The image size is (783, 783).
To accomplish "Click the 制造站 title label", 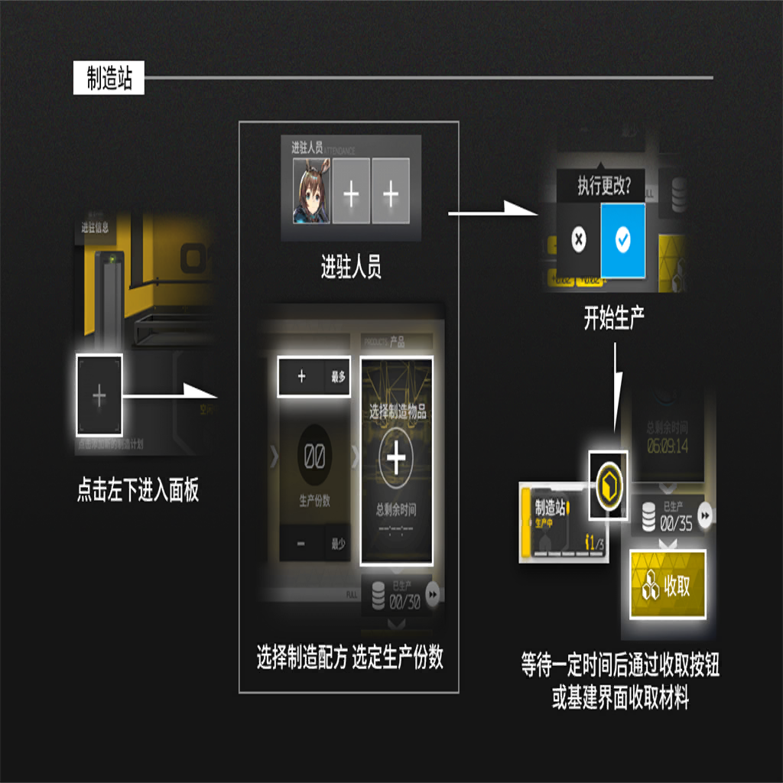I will [109, 78].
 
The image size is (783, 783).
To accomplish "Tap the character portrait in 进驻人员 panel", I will [311, 191].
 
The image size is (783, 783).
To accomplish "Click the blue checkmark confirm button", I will [622, 241].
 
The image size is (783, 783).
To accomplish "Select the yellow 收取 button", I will [667, 585].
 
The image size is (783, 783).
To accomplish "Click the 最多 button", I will [338, 376].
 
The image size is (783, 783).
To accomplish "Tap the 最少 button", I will [338, 544].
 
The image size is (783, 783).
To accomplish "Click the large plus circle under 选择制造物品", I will [395, 460].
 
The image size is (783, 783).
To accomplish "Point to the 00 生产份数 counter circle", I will [314, 457].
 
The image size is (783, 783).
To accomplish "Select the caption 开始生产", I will [614, 320].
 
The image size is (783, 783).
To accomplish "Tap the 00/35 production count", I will [677, 524].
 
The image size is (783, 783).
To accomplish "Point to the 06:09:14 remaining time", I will [667, 446].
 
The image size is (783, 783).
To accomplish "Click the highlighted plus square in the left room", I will [99, 396].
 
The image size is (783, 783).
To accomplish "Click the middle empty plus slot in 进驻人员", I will [351, 192].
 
